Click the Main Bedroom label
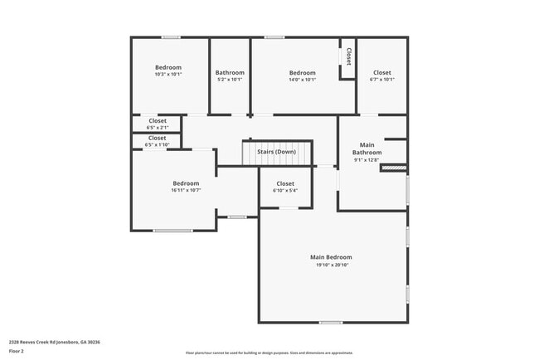coord(332,257)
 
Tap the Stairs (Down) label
coord(276,152)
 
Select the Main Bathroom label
coord(367,148)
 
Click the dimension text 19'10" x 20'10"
coord(332,265)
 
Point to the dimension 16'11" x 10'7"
coord(186,191)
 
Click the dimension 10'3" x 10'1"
coord(168,75)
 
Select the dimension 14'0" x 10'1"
coord(303,80)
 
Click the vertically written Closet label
coord(349,56)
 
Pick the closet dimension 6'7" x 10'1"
coord(382,80)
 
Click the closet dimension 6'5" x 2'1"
coord(157,128)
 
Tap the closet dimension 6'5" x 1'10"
coord(157,144)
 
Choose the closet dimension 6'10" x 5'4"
coord(285,191)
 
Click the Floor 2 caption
coord(17,351)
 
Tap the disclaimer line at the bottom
coord(269,353)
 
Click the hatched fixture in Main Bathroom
coord(394,168)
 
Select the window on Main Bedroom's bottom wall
coord(331,322)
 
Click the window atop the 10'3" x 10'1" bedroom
coord(171,36)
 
